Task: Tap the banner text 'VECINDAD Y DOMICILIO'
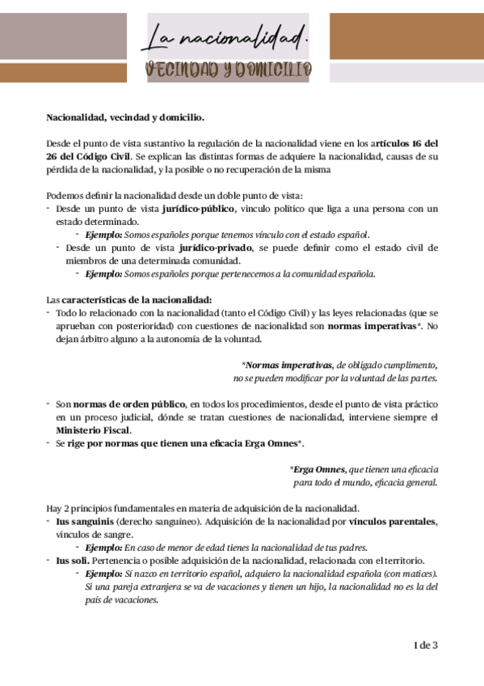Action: coord(228,70)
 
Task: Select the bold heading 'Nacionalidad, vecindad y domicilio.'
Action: coord(125,118)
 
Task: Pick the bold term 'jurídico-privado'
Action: coord(217,248)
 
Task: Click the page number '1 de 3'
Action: coord(425,645)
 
